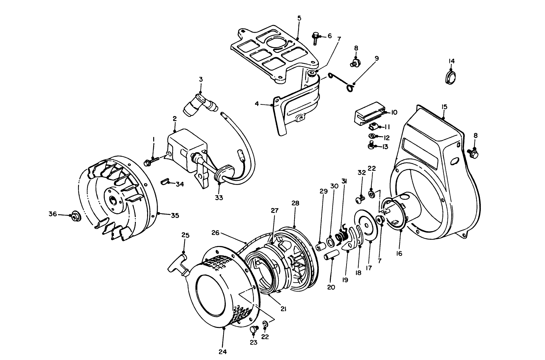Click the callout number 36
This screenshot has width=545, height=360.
pyautogui.click(x=53, y=214)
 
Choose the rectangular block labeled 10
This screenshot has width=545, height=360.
pyautogui.click(x=369, y=113)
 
